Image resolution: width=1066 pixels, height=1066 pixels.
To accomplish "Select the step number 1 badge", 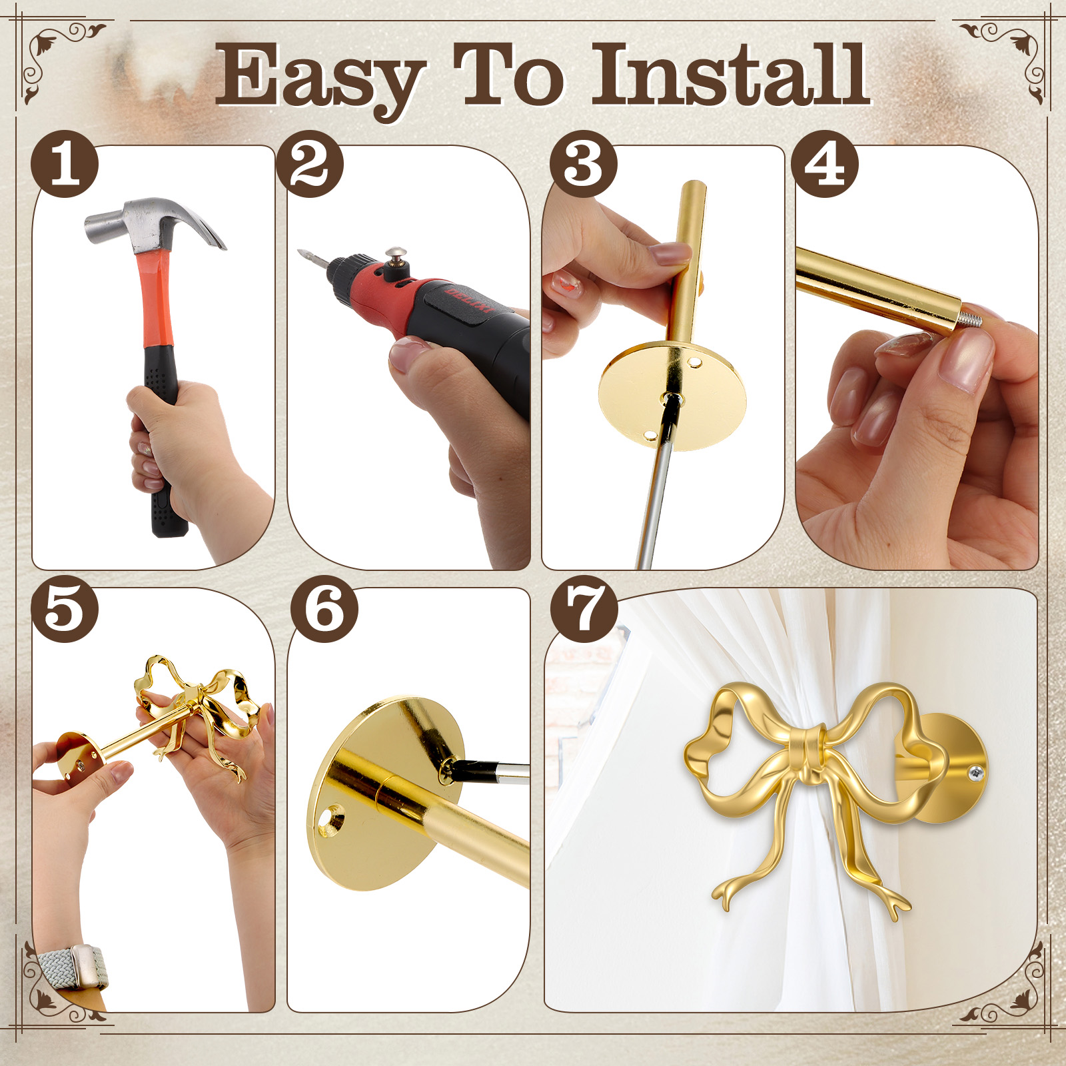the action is (x=65, y=164).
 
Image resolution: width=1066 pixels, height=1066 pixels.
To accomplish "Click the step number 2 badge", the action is (x=310, y=164).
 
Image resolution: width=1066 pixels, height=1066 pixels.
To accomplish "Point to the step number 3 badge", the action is (x=584, y=164).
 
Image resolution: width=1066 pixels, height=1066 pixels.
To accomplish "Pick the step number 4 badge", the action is (x=825, y=164).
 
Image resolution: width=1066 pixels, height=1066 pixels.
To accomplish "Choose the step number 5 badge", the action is (x=65, y=609).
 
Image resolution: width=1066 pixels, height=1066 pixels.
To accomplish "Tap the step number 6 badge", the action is (x=324, y=609).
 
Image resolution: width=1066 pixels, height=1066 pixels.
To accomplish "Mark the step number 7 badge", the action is (x=584, y=609).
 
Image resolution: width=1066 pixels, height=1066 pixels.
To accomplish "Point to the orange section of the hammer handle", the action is (x=156, y=300).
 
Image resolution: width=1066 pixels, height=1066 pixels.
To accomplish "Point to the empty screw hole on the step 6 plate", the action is (x=331, y=819).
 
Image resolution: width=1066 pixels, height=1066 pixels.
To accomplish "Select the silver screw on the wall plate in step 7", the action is (x=977, y=773).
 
